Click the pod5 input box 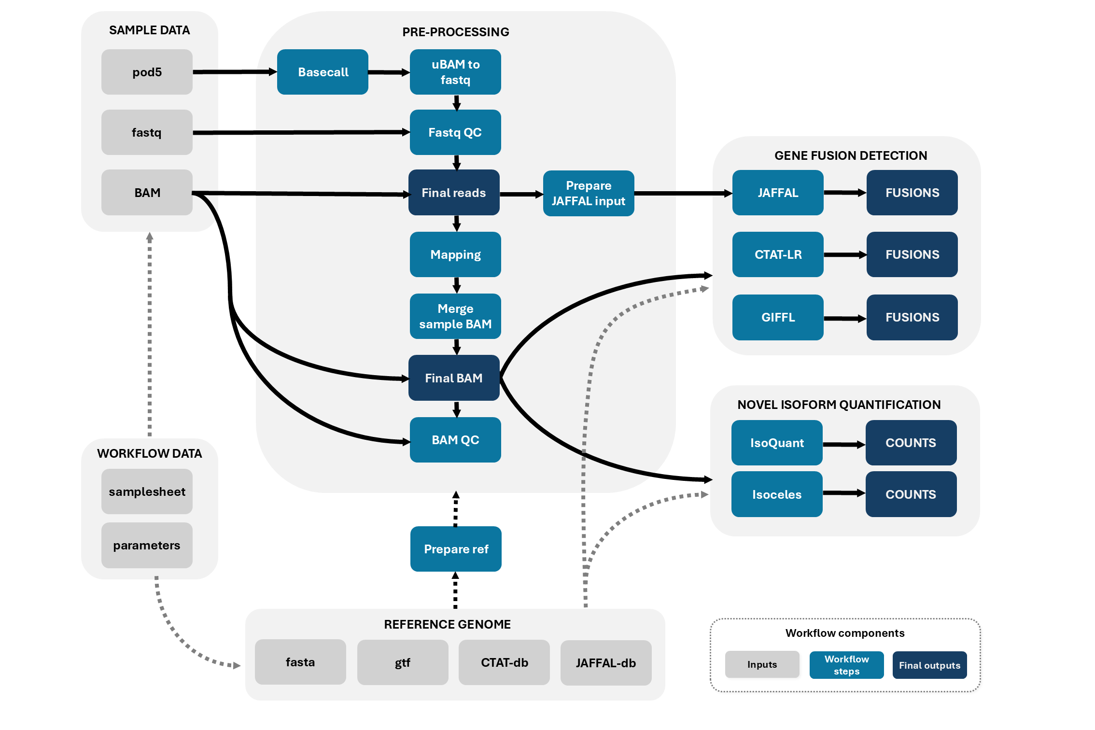click(x=147, y=72)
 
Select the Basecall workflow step click(x=323, y=72)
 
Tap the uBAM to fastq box click(x=455, y=72)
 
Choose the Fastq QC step click(x=455, y=132)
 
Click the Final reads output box click(x=454, y=193)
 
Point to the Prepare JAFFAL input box click(x=589, y=193)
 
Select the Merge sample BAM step click(x=455, y=316)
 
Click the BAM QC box click(x=455, y=440)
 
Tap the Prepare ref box click(x=456, y=549)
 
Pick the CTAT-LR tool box click(x=778, y=254)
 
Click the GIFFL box click(x=778, y=317)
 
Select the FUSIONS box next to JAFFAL click(x=912, y=193)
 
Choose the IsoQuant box click(x=777, y=443)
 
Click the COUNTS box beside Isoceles click(x=911, y=494)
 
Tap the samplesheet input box click(x=147, y=491)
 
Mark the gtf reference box click(x=403, y=662)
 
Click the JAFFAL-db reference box click(x=606, y=663)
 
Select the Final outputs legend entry click(x=929, y=665)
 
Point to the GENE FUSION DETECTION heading click(x=851, y=155)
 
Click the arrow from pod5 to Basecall click(x=235, y=72)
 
